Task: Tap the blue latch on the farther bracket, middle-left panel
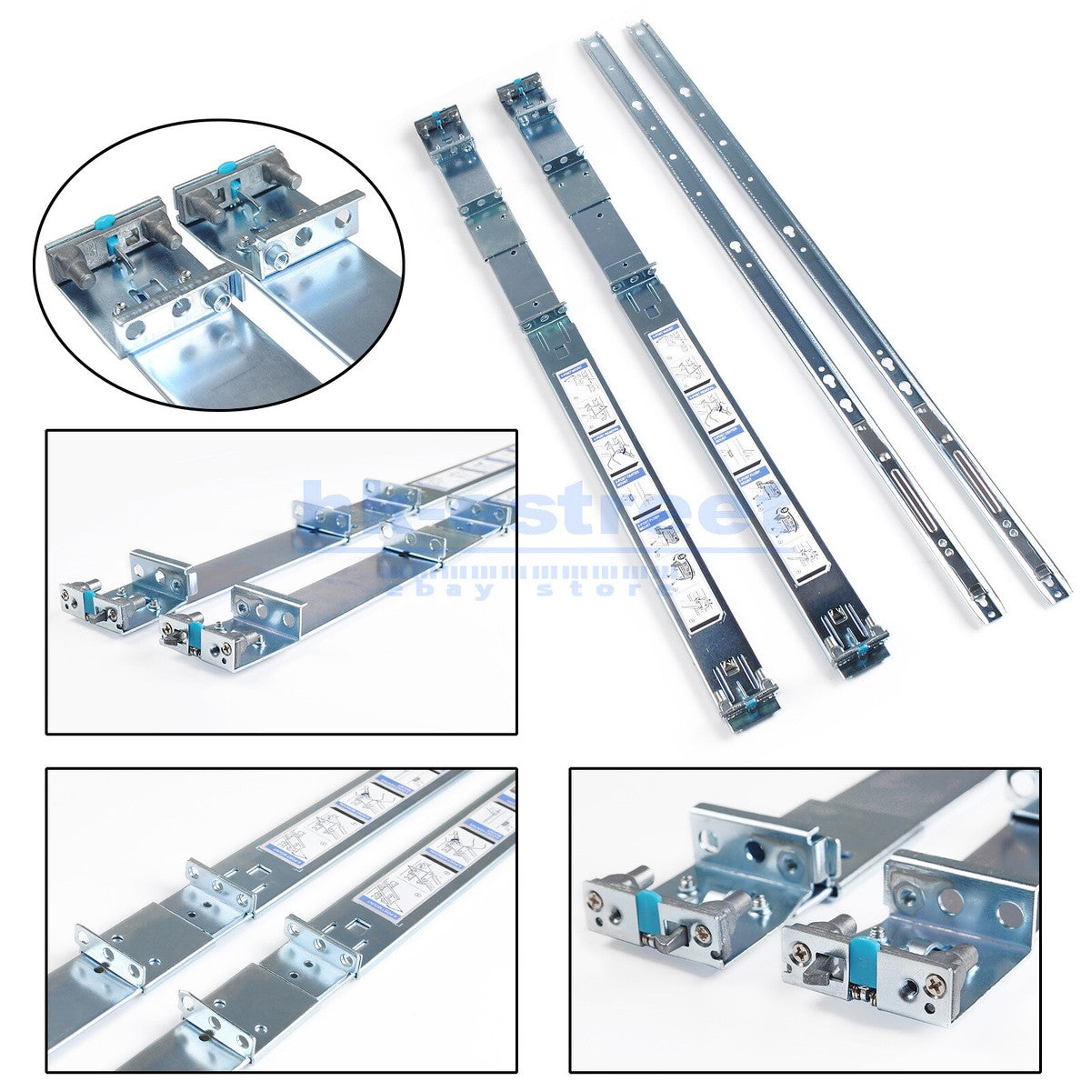pyautogui.click(x=90, y=597)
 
